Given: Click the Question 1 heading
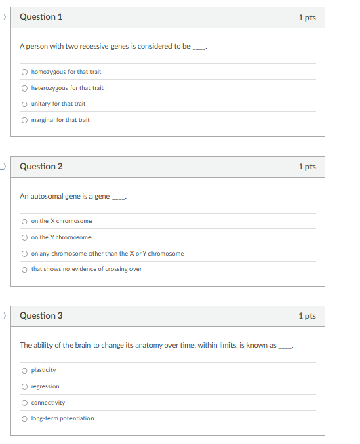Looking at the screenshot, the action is tap(41, 17).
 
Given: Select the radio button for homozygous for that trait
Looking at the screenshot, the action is tap(24, 72).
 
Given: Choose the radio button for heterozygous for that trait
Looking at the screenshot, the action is tap(24, 88).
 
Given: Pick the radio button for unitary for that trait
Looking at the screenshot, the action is tap(24, 104).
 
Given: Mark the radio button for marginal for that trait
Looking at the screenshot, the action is tap(24, 120).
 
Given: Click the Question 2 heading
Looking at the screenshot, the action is tap(41, 166).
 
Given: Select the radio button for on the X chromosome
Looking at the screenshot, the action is tap(24, 221).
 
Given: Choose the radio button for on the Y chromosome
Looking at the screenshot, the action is tap(24, 237).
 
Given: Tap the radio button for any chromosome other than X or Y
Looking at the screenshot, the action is tap(24, 254).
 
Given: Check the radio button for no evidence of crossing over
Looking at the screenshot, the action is tap(24, 269).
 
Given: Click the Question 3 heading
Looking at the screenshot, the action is tap(41, 315).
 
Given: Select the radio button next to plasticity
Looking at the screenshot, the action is tap(24, 370).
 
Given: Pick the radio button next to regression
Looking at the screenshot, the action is tap(24, 386).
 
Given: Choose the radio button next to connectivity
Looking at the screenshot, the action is tap(24, 403).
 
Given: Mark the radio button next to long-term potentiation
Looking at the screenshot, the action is tap(24, 418).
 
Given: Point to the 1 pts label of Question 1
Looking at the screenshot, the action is tap(306, 18).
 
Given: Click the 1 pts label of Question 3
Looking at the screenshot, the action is tap(306, 316).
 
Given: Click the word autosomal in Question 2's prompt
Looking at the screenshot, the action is tap(47, 196).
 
